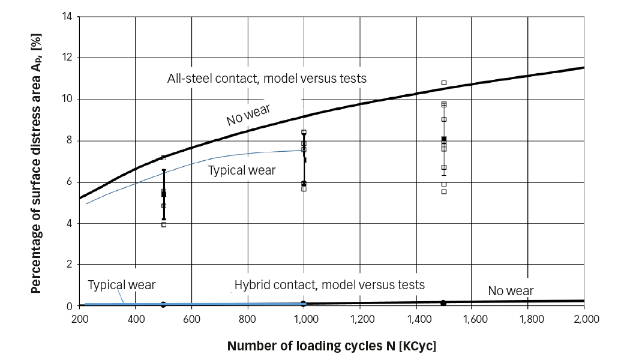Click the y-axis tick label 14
[x=67, y=16]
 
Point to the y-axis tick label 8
[x=69, y=140]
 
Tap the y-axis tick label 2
[x=69, y=265]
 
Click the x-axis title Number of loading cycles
[x=332, y=346]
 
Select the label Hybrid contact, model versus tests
[x=329, y=285]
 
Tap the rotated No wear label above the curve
[x=248, y=114]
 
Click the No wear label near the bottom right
[x=511, y=292]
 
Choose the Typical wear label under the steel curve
[x=242, y=170]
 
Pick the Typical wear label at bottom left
[x=122, y=285]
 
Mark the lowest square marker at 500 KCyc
[x=164, y=225]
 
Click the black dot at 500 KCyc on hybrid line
[x=164, y=305]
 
